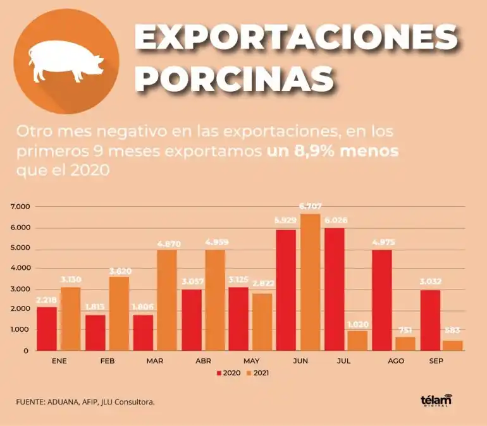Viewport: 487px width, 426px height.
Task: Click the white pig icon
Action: [x=66, y=61]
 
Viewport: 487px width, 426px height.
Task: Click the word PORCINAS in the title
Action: [x=234, y=80]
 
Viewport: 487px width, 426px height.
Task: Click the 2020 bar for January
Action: [x=47, y=329]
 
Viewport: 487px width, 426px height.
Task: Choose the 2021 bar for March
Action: [x=167, y=300]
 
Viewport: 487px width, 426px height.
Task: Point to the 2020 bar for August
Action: [x=382, y=300]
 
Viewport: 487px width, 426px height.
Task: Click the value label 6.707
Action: [x=310, y=206]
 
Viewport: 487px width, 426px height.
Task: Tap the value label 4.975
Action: [x=382, y=242]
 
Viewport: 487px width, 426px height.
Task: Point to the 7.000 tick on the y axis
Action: [x=20, y=207]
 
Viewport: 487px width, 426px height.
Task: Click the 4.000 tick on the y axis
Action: [x=20, y=269]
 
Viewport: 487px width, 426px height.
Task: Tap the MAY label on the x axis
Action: [x=252, y=360]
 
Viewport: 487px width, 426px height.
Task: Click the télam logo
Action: [x=437, y=401]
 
